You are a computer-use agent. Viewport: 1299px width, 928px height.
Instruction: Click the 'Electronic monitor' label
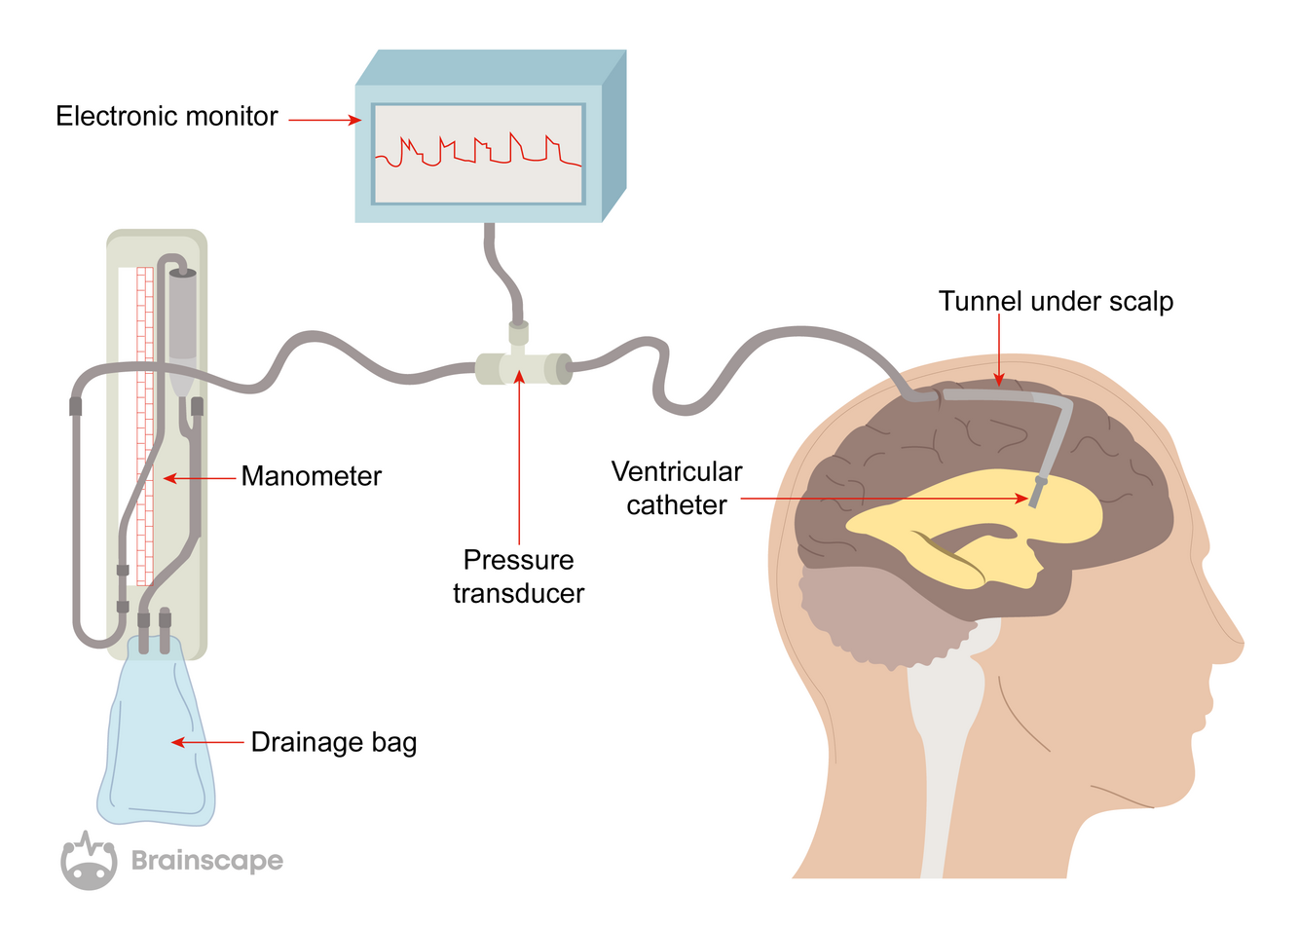click(x=167, y=117)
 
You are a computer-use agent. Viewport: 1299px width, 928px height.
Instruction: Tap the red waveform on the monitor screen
click(x=478, y=152)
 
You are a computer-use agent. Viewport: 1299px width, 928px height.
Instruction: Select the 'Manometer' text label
click(x=311, y=476)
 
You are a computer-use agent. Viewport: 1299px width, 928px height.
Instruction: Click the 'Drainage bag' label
click(x=333, y=742)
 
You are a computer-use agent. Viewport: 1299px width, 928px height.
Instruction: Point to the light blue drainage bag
click(x=156, y=740)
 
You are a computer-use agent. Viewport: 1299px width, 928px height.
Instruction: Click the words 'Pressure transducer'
click(x=518, y=576)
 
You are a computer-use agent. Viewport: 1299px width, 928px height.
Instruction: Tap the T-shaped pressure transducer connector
click(x=522, y=367)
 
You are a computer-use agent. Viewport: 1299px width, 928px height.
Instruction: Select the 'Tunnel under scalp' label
click(x=1056, y=302)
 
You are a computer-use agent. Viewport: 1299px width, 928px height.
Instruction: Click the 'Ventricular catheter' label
click(x=677, y=488)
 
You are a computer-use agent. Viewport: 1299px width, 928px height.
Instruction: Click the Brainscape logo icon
click(x=89, y=861)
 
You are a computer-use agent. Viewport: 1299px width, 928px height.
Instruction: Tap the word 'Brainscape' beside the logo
click(x=207, y=861)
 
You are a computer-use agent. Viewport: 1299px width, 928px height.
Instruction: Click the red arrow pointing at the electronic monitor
click(x=325, y=121)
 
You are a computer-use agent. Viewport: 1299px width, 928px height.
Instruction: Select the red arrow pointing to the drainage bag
click(x=207, y=742)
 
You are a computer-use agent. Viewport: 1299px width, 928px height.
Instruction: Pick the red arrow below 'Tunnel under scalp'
click(x=998, y=351)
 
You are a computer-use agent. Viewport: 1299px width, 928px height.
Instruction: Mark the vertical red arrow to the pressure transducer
click(x=519, y=458)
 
